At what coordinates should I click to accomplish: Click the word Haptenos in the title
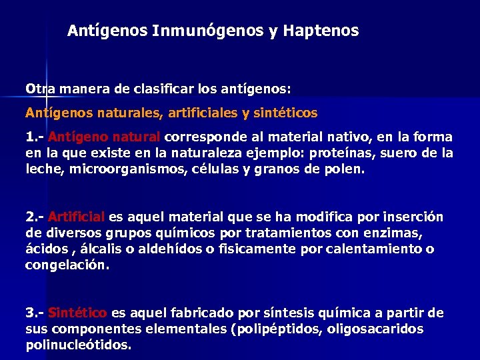click(321, 31)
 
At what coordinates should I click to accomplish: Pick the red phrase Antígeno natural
click(104, 137)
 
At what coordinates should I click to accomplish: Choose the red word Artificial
click(77, 217)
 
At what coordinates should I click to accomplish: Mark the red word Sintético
click(78, 313)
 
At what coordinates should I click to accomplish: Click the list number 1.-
click(35, 137)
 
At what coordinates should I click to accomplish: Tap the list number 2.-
click(35, 217)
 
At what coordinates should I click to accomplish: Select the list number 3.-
click(35, 313)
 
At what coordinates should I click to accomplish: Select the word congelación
click(67, 265)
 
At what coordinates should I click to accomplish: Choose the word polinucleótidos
click(77, 345)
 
